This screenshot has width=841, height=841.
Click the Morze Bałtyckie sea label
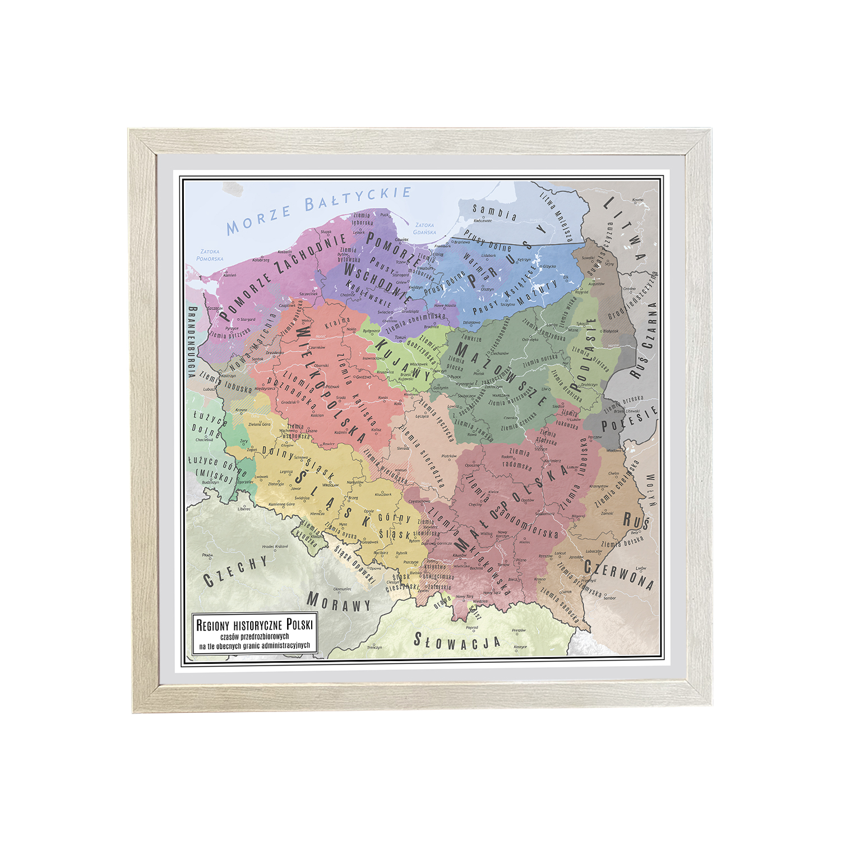[x=318, y=210]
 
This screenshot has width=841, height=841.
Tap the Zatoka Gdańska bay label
[x=424, y=228]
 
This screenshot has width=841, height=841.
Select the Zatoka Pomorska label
[x=210, y=255]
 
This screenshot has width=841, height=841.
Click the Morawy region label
[x=339, y=602]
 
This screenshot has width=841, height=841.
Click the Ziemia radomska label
[x=517, y=458]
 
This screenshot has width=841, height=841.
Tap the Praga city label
[x=207, y=555]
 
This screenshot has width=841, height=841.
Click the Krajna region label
[x=337, y=324]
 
